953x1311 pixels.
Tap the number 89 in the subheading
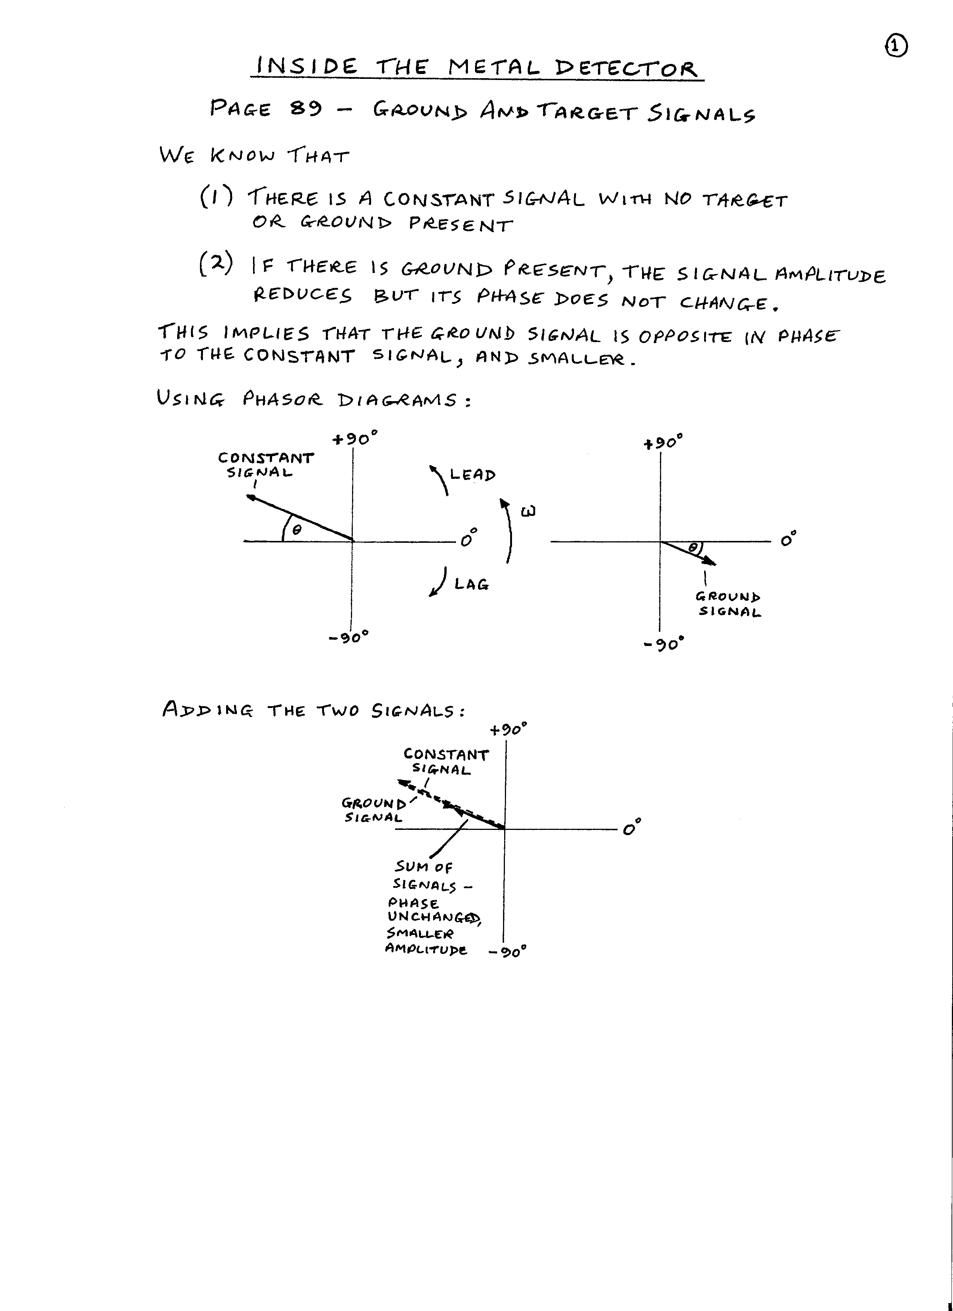tap(306, 108)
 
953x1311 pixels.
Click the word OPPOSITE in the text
tap(685, 336)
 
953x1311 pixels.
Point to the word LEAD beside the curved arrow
tap(473, 475)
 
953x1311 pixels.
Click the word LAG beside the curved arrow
tap(471, 584)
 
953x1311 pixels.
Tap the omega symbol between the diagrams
tap(528, 511)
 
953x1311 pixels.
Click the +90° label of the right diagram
tap(663, 443)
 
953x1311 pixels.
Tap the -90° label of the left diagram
tap(348, 638)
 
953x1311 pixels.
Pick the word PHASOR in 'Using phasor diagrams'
tap(282, 399)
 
